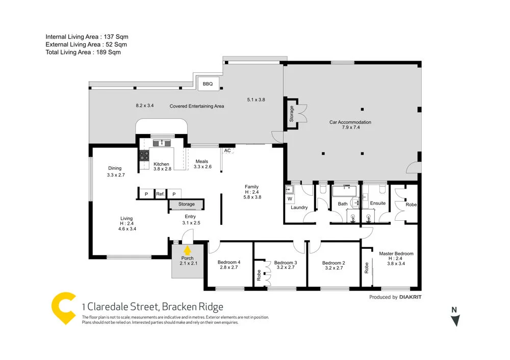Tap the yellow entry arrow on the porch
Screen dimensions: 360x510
187,250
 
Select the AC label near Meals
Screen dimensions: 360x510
227,151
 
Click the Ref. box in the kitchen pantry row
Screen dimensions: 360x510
160,194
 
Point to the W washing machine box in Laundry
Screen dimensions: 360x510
290,198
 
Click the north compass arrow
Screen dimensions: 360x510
455,320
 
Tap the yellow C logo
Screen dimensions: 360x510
64,308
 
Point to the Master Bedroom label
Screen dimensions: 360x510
396,253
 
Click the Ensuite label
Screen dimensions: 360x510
378,203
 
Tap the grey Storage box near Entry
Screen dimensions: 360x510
186,204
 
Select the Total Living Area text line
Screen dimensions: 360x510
83,52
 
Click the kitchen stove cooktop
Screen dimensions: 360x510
144,156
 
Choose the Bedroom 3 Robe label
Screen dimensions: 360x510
259,275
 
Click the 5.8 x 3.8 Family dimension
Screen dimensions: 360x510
252,197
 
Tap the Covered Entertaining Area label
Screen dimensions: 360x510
197,106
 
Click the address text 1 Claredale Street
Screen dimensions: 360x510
152,307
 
